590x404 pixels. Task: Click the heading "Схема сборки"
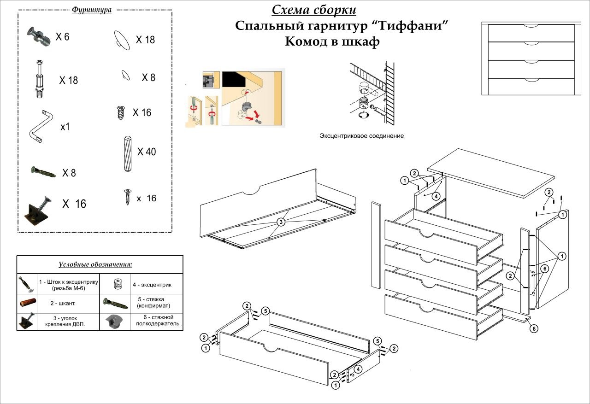(x=313, y=10)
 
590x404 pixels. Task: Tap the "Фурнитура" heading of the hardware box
(x=92, y=10)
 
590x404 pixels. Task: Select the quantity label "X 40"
(x=147, y=152)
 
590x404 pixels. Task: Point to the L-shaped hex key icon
(x=41, y=125)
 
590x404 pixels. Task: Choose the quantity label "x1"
(x=65, y=127)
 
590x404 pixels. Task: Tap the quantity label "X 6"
(x=62, y=37)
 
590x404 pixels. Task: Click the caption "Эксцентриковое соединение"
(x=362, y=136)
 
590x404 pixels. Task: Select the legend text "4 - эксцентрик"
(x=152, y=285)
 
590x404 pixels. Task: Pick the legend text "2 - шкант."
(x=63, y=303)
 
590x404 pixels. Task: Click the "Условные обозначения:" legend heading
(x=95, y=265)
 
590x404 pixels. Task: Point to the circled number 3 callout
(x=281, y=222)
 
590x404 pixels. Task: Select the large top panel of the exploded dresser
(x=491, y=173)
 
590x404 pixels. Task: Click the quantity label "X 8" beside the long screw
(x=69, y=173)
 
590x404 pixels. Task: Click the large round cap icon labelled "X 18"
(x=121, y=39)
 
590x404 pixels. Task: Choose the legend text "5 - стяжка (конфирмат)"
(x=154, y=302)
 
